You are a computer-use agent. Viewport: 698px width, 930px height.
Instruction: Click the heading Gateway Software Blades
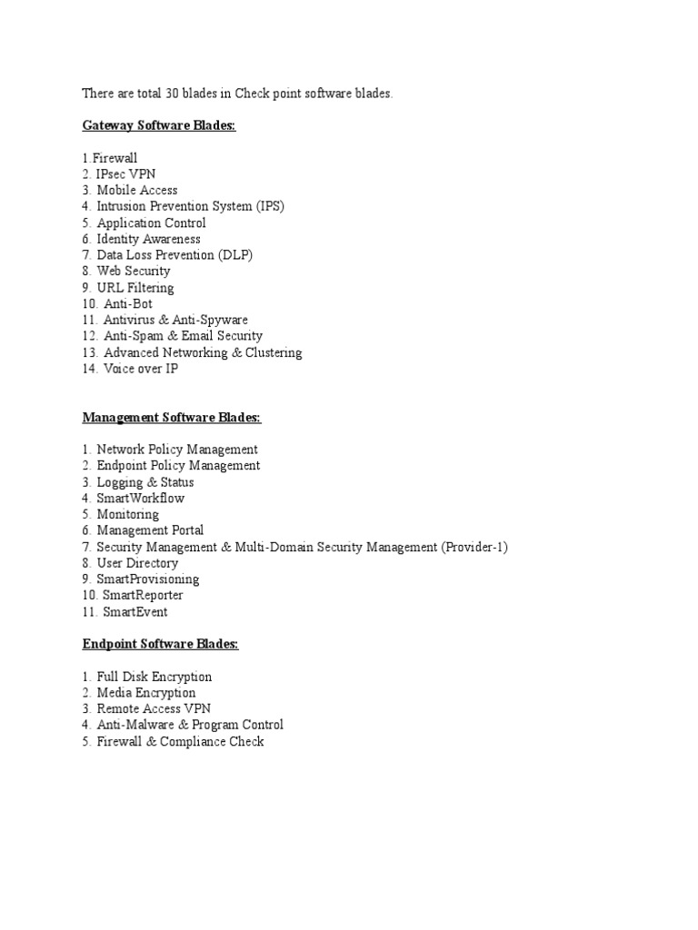159,125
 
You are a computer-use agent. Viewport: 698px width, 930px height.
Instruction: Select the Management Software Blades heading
172,417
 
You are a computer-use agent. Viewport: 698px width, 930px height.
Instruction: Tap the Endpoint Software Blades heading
161,644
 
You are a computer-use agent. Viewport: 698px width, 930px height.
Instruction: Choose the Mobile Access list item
136,191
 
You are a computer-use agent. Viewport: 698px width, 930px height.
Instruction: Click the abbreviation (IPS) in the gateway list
268,207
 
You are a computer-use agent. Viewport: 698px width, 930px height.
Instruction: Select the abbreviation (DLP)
235,255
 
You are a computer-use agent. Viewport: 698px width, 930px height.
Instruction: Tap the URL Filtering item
135,288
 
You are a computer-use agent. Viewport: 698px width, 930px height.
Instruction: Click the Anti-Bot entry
128,304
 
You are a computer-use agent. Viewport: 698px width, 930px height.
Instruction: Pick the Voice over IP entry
140,369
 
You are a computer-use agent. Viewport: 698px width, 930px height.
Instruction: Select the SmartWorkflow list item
140,499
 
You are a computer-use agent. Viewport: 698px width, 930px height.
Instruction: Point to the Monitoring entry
127,514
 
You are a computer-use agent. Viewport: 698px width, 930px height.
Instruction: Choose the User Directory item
137,563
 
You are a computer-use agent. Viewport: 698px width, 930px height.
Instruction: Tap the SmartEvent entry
135,612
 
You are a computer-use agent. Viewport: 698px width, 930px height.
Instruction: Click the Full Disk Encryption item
154,677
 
